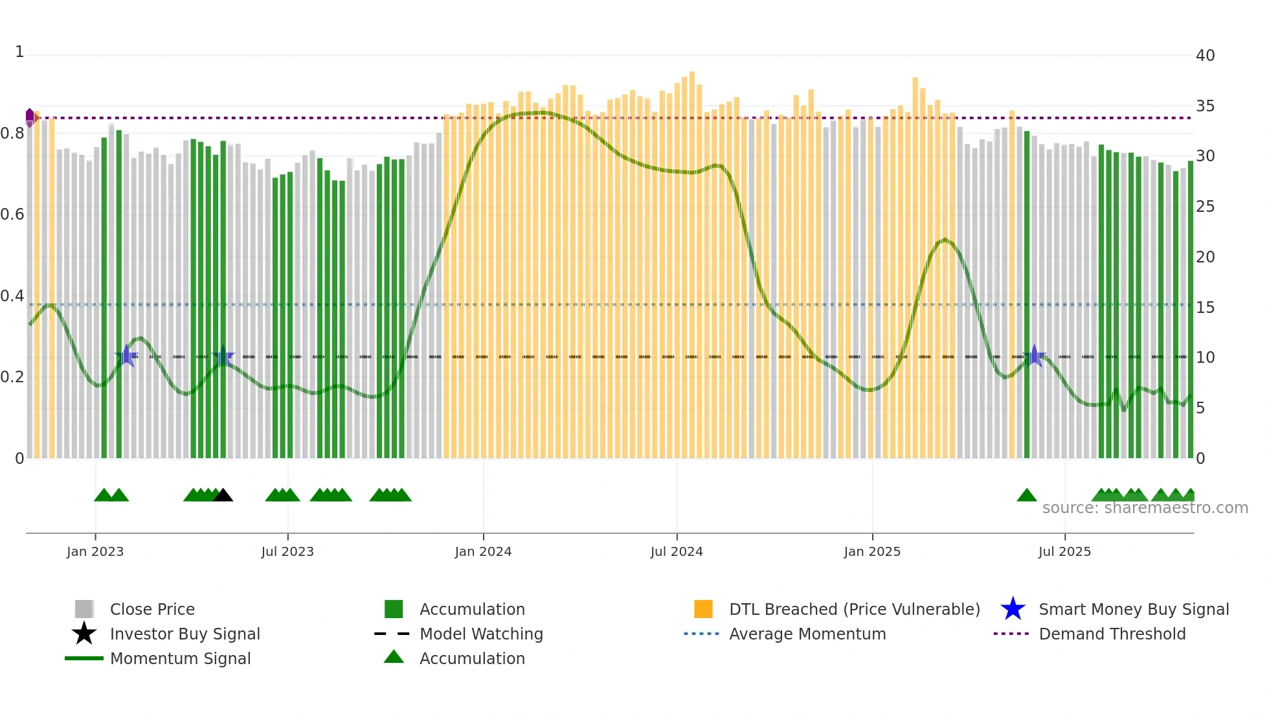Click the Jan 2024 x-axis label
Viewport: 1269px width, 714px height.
click(483, 551)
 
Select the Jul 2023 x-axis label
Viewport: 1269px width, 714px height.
click(287, 551)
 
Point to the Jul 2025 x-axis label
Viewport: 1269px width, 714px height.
click(1064, 551)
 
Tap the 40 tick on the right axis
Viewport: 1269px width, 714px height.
click(1205, 56)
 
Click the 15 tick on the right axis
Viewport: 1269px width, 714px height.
click(1205, 308)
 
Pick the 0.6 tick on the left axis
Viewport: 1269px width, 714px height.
click(12, 214)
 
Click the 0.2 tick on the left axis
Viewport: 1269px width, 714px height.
click(12, 377)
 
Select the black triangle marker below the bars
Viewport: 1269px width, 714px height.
click(223, 496)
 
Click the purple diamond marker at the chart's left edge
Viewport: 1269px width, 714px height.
click(30, 117)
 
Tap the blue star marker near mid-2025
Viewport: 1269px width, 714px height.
click(1034, 356)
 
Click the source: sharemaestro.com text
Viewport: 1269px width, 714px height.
click(1145, 508)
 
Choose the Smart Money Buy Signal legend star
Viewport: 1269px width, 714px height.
click(1013, 609)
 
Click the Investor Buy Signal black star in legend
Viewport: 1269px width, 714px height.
click(84, 634)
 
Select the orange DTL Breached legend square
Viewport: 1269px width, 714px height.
click(703, 609)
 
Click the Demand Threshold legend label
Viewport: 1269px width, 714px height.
click(1112, 634)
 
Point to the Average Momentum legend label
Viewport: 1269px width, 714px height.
click(807, 634)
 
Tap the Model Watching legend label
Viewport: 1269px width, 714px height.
click(481, 634)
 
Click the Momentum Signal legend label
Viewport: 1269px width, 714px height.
click(180, 658)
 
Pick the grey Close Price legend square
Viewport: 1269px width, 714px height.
click(84, 609)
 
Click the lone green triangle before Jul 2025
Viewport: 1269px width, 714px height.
click(1026, 496)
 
